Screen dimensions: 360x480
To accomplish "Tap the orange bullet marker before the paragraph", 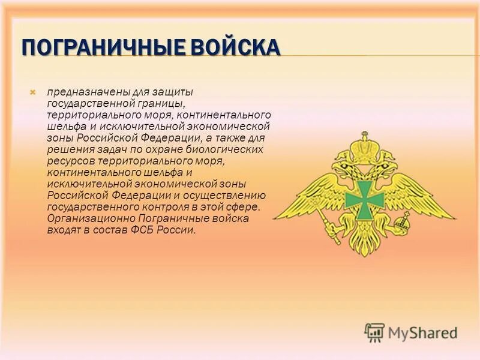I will point(34,92).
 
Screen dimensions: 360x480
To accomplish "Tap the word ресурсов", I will point(69,161).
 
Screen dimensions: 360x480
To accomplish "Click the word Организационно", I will point(85,218).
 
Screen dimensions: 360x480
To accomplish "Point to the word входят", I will point(63,230).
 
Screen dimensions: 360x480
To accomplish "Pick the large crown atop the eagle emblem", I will point(364,146).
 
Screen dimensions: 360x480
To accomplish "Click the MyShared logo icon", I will point(374,332).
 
